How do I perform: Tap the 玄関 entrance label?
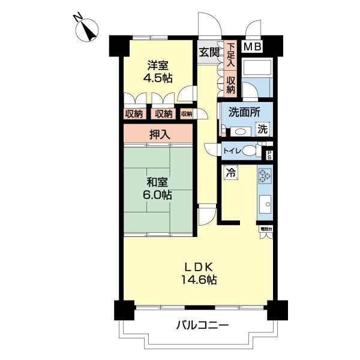[x=209, y=52]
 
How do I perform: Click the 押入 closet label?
[x=159, y=134]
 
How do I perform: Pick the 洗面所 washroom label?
[x=244, y=112]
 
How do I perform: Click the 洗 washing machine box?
[x=262, y=128]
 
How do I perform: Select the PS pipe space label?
[x=269, y=154]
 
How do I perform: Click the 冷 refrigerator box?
[x=230, y=172]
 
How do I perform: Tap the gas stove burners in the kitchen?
[x=265, y=175]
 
